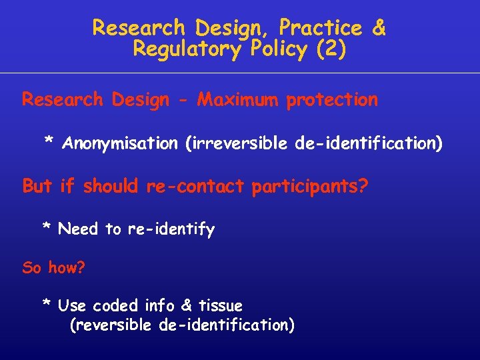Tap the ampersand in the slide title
click(x=378, y=28)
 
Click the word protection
click(x=332, y=100)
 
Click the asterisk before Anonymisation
click(x=49, y=142)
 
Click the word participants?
click(x=309, y=186)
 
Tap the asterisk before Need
click(x=47, y=228)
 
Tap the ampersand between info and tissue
click(x=187, y=305)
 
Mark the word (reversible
click(x=113, y=325)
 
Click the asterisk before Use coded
click(x=47, y=304)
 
